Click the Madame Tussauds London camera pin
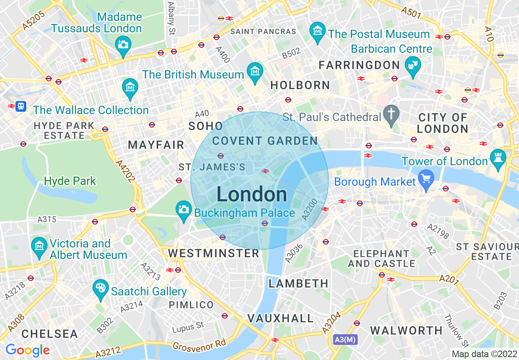point(123,44)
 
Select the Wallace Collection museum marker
point(130,87)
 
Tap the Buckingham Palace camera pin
point(183,209)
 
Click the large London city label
point(252,194)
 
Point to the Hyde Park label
point(70,181)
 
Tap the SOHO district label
point(205,126)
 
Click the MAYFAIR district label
point(156,145)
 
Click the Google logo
point(27,350)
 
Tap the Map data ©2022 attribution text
point(484,354)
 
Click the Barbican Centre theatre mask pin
point(413,65)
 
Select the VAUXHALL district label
point(280,318)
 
